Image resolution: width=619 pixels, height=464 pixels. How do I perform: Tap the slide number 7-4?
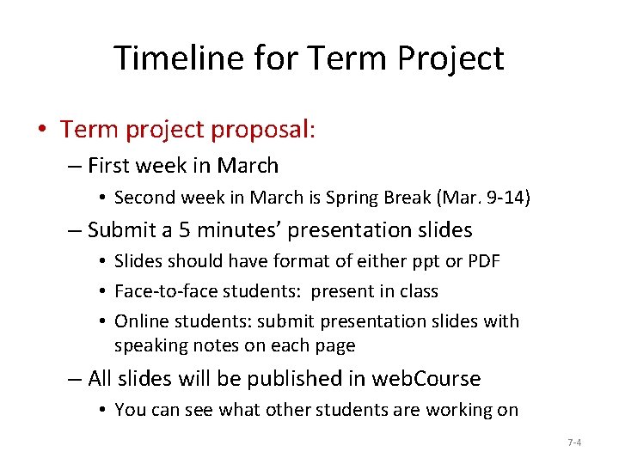click(574, 443)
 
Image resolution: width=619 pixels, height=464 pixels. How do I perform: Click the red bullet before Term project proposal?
click(42, 130)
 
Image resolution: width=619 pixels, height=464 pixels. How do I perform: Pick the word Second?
click(144, 198)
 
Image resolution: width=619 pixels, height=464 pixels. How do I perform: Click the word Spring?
click(383, 198)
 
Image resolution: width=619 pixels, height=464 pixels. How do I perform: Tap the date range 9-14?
click(504, 198)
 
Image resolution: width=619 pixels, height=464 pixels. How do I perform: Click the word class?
click(416, 291)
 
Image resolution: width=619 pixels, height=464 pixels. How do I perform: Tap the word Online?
click(140, 321)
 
